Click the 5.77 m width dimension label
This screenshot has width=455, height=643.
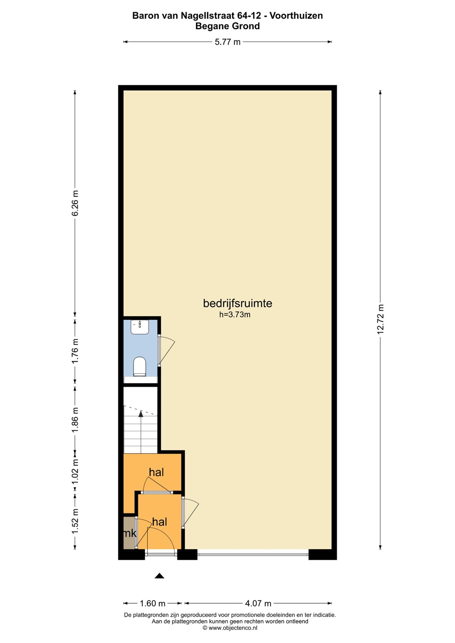click(x=227, y=42)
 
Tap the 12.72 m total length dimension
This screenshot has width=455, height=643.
click(x=380, y=319)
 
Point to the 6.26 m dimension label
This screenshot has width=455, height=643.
click(x=75, y=203)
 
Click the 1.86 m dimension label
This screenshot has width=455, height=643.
click(x=75, y=419)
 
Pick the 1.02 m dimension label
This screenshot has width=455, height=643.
click(x=75, y=472)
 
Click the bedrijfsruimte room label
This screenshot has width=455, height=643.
click(x=238, y=304)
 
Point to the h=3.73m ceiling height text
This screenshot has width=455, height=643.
click(x=234, y=315)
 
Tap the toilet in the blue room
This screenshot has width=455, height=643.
click(x=140, y=366)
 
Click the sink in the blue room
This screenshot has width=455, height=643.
click(x=140, y=327)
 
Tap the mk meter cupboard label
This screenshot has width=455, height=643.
click(x=129, y=534)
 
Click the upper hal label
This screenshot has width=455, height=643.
click(x=156, y=472)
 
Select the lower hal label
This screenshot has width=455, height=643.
click(x=159, y=522)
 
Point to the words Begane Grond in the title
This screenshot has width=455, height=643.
click(x=227, y=26)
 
